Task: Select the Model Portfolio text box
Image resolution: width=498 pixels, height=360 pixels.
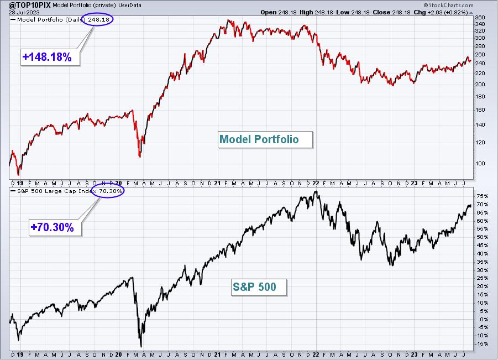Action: pyautogui.click(x=265, y=139)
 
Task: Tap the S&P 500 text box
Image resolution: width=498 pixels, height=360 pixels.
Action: pyautogui.click(x=259, y=287)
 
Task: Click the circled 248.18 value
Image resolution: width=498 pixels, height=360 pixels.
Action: pyautogui.click(x=99, y=19)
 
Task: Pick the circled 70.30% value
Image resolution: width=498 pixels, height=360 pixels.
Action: pyautogui.click(x=111, y=191)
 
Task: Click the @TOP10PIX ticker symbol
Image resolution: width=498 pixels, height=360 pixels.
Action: pyautogui.click(x=27, y=5)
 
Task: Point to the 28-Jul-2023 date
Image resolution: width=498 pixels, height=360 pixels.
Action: pyautogui.click(x=24, y=12)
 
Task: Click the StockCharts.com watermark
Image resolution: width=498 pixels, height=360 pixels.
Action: pyautogui.click(x=448, y=5)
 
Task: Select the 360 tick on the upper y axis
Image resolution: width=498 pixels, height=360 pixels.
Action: pyautogui.click(x=480, y=18)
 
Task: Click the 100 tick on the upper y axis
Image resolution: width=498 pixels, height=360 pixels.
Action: pyautogui.click(x=480, y=164)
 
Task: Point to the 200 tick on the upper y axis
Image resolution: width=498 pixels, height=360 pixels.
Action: pyautogui.click(x=480, y=85)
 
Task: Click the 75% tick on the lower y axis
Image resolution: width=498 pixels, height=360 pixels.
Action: pyautogui.click(x=482, y=196)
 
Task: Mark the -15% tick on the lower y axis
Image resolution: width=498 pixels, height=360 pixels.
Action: pyautogui.click(x=481, y=344)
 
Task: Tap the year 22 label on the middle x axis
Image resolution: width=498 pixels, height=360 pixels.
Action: pyautogui.click(x=316, y=184)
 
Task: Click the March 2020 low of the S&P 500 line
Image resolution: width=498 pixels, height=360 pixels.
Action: pyautogui.click(x=141, y=346)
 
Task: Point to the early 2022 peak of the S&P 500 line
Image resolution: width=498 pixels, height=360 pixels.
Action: pyautogui.click(x=316, y=191)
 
